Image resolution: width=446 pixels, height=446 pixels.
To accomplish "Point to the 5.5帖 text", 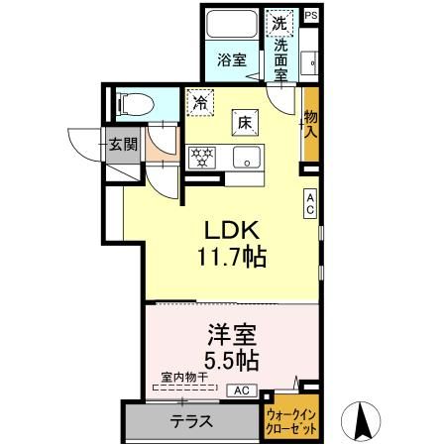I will point(232,358).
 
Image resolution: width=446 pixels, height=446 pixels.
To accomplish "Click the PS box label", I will point(310,15).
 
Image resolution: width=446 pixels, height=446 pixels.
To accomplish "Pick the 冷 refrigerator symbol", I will point(201,101).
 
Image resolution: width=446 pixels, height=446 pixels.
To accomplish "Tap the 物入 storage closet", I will point(310,124).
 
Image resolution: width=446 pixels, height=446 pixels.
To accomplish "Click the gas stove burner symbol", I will point(203,156).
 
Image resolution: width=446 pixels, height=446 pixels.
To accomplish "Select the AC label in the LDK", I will point(310,202).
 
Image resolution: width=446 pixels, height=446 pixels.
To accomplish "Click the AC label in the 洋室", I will point(242,390).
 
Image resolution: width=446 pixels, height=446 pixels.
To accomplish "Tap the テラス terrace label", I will point(190,420).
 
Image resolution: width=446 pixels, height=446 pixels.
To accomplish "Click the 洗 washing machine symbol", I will point(280,23).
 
